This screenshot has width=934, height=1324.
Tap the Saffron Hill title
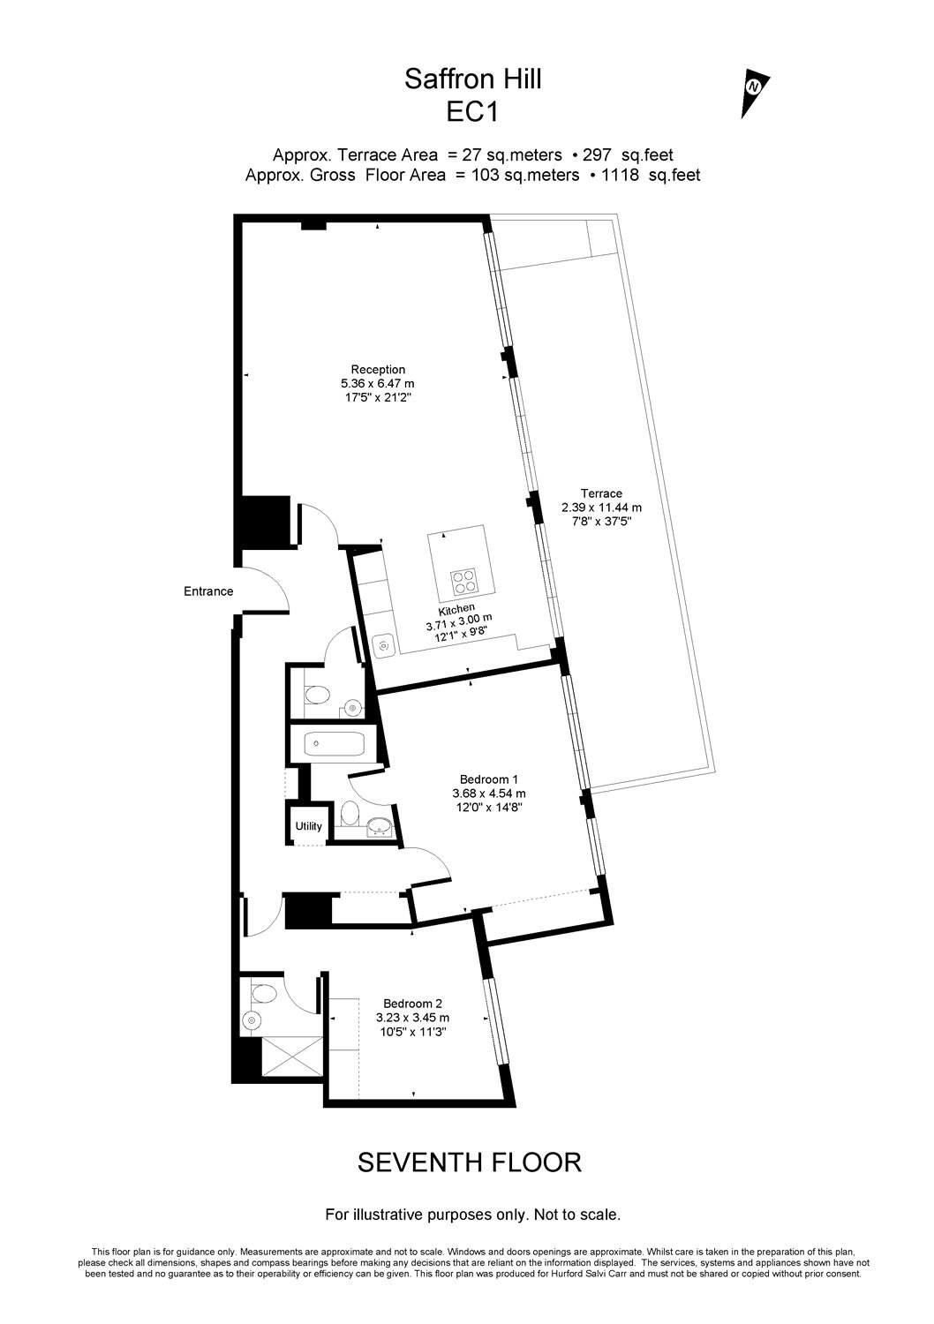472,79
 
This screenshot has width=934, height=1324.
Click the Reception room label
378,370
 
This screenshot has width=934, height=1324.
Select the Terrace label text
601,493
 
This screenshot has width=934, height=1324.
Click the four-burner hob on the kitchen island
464,581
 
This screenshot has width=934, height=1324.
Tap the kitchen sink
382,645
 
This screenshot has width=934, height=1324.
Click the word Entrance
208,591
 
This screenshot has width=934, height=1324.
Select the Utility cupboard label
309,826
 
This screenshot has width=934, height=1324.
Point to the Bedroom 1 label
489,779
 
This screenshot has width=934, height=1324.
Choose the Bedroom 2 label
412,1003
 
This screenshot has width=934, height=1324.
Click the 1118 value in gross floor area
620,175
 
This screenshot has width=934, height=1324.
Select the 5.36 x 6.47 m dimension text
378,384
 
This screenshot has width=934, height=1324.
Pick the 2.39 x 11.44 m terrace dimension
601,508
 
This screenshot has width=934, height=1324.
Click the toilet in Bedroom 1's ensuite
350,813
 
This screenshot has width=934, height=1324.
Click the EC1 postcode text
472,112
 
